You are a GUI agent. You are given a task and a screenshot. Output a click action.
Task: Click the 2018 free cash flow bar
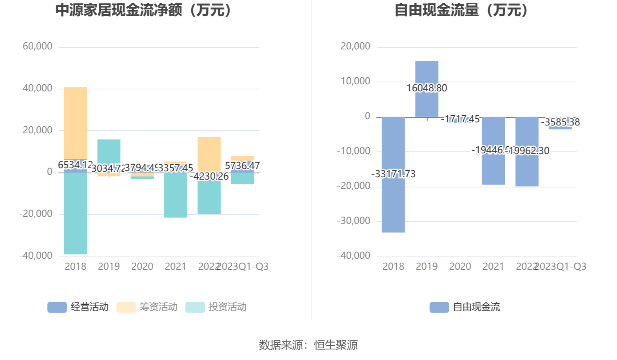point(393,204)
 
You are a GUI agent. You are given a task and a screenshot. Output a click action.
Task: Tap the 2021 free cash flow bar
point(493,169)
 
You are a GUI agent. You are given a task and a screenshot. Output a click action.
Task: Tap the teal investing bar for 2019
point(109,151)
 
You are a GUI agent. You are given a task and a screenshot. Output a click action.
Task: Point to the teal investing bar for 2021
point(176,196)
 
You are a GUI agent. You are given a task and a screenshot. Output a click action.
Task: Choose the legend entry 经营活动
point(78,307)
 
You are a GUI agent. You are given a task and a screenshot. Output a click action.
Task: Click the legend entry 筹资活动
point(147,307)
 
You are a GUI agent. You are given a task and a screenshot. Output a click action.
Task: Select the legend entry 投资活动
point(216,307)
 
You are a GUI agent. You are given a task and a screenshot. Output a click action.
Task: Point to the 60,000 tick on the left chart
point(38,46)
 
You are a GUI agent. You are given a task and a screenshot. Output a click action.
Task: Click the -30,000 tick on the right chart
point(354,221)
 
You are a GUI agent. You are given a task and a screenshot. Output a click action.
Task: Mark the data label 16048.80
point(426,88)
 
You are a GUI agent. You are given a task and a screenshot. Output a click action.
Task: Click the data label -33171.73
point(393,174)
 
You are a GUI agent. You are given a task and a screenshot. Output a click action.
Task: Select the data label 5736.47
point(242,165)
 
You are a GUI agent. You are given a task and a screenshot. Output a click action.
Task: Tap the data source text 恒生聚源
point(336,345)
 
